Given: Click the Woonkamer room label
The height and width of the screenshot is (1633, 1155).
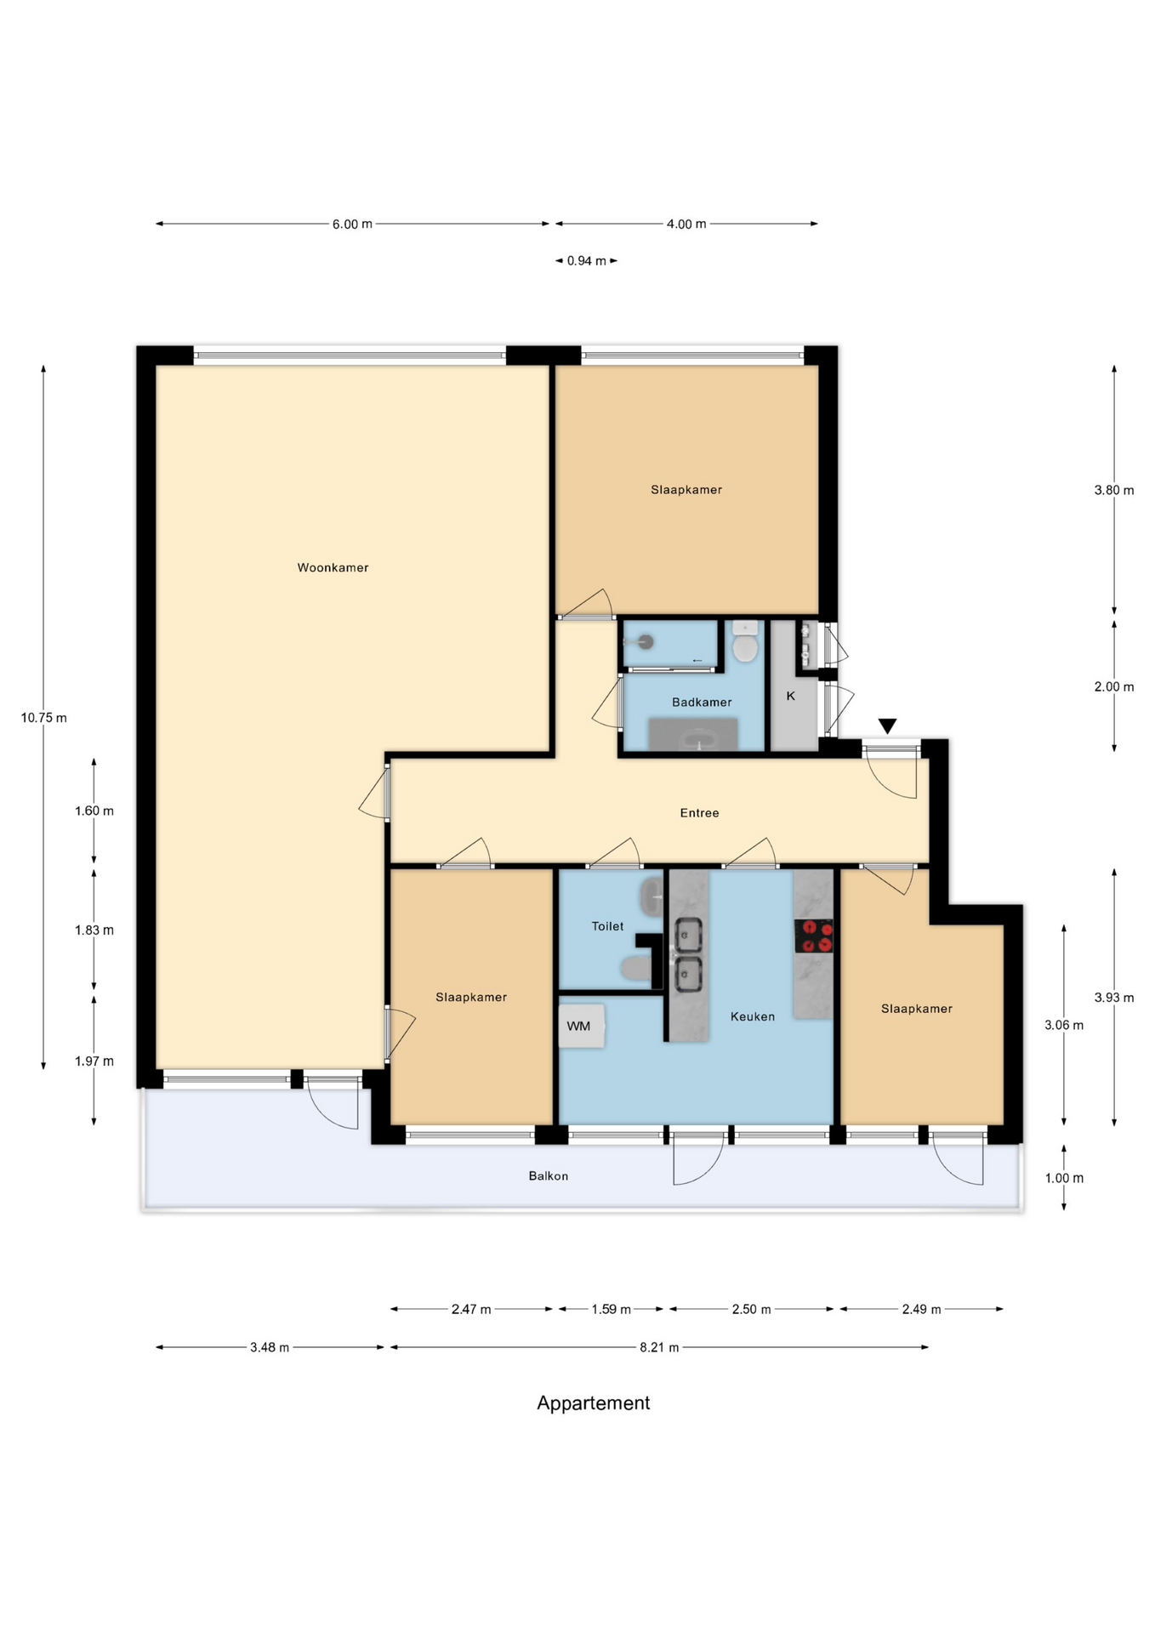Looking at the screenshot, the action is (333, 567).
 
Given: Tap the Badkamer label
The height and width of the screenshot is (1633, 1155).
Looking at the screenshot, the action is (702, 702).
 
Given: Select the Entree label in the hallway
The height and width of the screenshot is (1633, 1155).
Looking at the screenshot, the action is (699, 813).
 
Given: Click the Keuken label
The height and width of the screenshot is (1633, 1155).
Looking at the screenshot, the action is (753, 1016).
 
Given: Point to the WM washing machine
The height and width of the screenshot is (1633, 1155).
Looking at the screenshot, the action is (581, 1026).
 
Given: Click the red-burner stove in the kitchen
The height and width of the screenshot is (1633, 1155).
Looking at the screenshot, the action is (814, 936).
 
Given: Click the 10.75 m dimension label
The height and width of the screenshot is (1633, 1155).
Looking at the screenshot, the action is (44, 718).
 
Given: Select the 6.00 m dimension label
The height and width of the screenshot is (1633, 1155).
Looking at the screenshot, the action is (352, 224).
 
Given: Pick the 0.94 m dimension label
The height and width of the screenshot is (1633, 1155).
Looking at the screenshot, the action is (586, 260).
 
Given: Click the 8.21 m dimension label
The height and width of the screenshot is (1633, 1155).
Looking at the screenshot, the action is (659, 1347).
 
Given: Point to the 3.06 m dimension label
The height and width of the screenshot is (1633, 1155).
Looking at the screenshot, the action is (1064, 1025).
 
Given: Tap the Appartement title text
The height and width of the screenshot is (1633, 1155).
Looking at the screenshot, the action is (593, 1403).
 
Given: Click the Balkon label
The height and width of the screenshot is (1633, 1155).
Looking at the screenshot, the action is (549, 1176).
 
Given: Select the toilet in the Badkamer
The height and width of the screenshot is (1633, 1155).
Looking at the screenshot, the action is (745, 642).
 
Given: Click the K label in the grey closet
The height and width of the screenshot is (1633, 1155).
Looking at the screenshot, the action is (790, 696).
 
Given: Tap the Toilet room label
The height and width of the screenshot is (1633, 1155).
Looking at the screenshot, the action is (607, 926).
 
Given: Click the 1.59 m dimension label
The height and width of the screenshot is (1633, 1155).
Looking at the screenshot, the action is (611, 1309).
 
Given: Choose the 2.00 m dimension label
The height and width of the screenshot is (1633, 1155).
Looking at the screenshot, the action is (1114, 686).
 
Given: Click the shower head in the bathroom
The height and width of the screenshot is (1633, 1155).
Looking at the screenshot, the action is (646, 642).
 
